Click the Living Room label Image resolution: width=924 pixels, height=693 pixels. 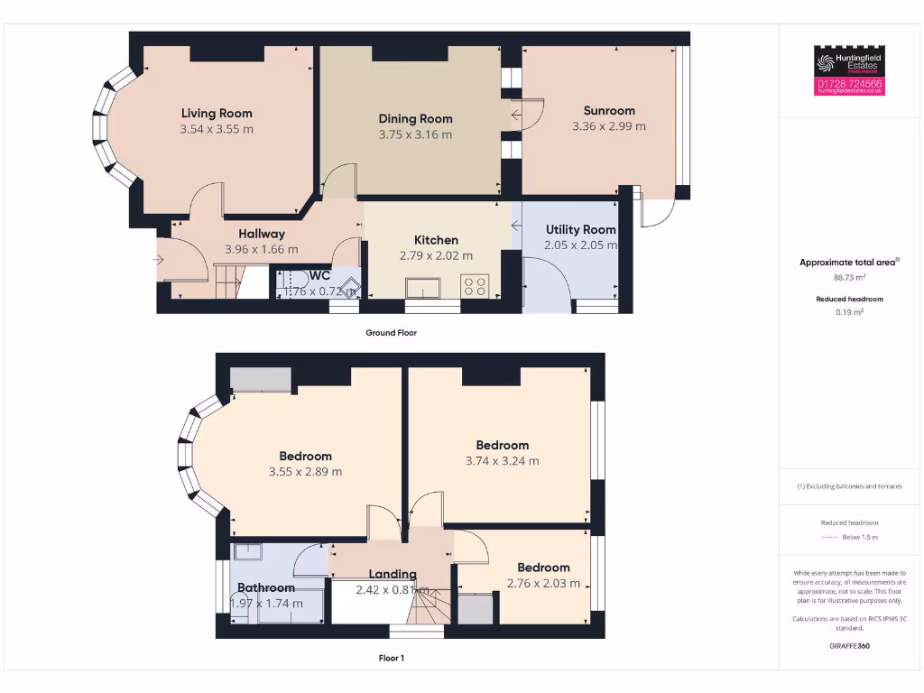coord(217,113)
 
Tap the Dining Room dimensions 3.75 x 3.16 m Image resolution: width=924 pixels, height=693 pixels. coord(415,134)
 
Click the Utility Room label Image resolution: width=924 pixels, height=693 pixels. coord(580,229)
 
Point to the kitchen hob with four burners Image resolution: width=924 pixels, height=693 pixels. coord(475,286)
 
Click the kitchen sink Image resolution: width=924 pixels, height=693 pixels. coord(422,288)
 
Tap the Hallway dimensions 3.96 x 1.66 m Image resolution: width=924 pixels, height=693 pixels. coord(261,249)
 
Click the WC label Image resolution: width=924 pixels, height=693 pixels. coord(319,275)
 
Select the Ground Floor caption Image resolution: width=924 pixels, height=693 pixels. coord(391,332)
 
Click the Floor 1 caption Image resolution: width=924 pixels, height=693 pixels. coord(391,658)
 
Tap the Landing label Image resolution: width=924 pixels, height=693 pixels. coord(393,574)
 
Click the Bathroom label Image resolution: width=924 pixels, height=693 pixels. coord(266,587)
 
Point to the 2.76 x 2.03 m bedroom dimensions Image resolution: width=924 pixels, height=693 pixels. coord(543,583)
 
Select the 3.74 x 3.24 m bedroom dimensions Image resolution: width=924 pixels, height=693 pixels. coord(502,460)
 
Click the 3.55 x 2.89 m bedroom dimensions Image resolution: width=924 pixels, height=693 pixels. coord(305,471)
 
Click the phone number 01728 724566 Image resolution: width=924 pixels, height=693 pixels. coord(849,83)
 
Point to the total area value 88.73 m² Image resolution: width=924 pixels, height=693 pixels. coord(848,278)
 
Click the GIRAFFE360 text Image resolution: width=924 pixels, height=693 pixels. coord(849,646)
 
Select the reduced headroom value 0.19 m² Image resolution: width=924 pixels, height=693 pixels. coord(848,312)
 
